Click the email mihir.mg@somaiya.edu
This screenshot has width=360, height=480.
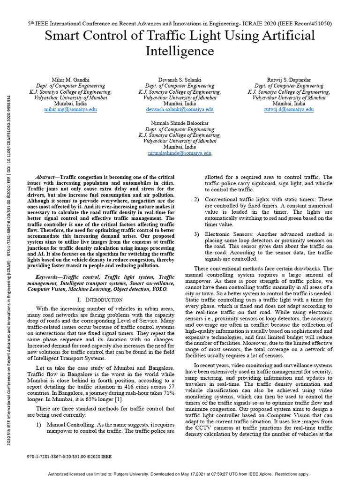pos(70,109)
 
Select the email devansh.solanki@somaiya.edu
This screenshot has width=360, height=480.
pos(180,109)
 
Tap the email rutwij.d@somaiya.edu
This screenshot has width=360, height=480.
pos(288,109)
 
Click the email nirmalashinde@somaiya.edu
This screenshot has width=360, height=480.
pos(180,153)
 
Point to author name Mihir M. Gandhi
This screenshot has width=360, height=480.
pos(70,80)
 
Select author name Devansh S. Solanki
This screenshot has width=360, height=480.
pos(180,80)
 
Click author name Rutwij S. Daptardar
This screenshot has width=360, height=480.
pos(288,80)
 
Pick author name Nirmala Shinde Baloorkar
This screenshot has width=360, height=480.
pos(180,123)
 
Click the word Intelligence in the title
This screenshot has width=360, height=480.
pos(180,51)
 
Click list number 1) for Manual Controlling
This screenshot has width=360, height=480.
pos(39,424)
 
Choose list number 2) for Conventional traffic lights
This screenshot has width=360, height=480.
pos(197,199)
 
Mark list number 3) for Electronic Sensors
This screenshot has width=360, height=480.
pos(197,234)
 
